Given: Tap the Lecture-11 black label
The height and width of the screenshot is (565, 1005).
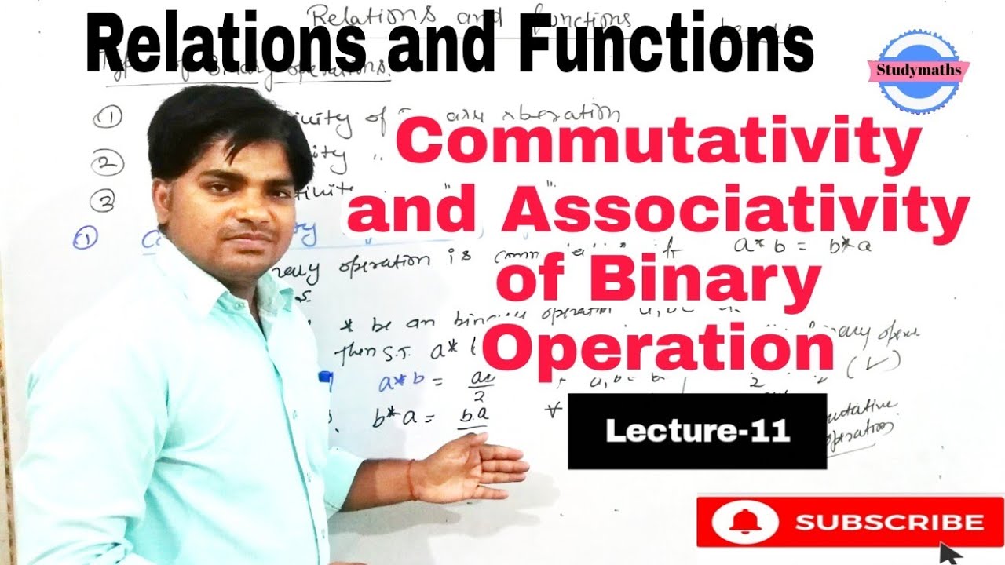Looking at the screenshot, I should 697,432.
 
